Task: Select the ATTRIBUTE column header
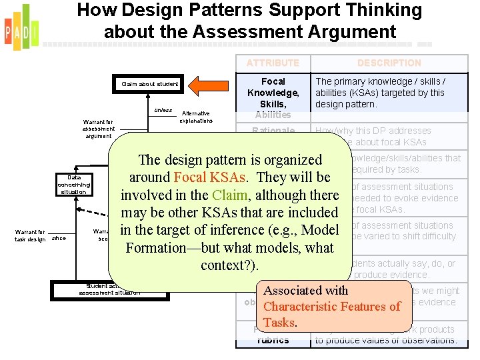tap(273, 63)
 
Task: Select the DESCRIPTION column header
tap(389, 63)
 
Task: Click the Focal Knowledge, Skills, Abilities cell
tap(273, 97)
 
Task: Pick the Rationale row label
tap(273, 131)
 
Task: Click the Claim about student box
tap(149, 84)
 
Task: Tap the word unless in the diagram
tap(163, 110)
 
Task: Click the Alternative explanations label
tap(195, 117)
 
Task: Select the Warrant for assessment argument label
tap(98, 129)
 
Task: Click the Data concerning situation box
tap(73, 185)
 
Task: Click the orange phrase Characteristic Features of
tap(332, 307)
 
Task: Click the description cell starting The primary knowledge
tap(389, 93)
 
